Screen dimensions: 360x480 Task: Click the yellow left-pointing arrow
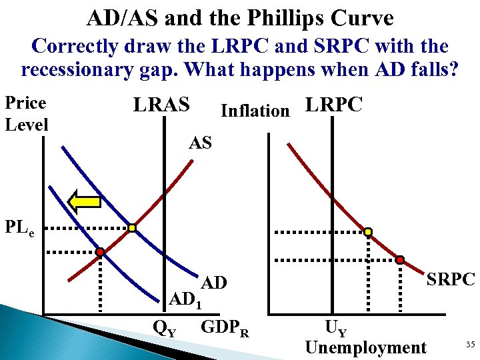click(x=85, y=201)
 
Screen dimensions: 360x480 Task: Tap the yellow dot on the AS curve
click(x=132, y=229)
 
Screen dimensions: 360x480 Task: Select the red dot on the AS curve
click(x=100, y=252)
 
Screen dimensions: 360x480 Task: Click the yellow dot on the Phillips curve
click(x=367, y=232)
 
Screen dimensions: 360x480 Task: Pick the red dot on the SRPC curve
click(x=400, y=259)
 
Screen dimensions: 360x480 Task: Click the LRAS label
click(x=162, y=105)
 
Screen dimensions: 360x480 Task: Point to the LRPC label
click(x=333, y=105)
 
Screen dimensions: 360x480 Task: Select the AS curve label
click(x=200, y=141)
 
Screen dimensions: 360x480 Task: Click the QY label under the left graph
click(x=165, y=327)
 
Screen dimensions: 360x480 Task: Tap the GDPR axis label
click(x=225, y=328)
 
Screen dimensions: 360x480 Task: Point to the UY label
click(x=335, y=328)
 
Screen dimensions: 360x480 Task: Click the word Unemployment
click(x=365, y=347)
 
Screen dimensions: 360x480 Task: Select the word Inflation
click(x=255, y=111)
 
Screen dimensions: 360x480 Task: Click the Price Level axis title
click(x=26, y=113)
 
